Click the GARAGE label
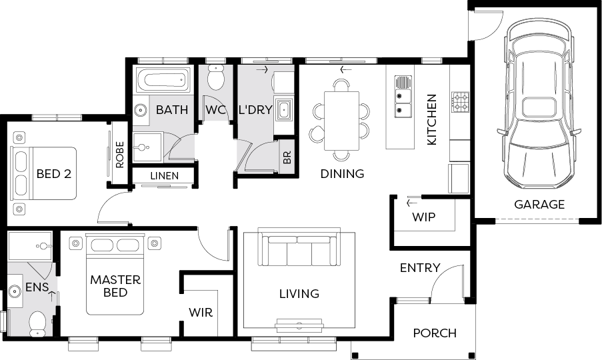click(x=539, y=204)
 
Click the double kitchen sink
click(x=403, y=96)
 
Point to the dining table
click(x=342, y=121)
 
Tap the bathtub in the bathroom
click(x=163, y=81)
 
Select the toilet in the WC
click(x=216, y=77)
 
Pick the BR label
click(x=287, y=157)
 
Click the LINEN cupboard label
click(x=164, y=176)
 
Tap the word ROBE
click(x=119, y=155)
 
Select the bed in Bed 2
click(x=43, y=173)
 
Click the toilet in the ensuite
click(x=37, y=323)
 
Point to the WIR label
click(x=201, y=313)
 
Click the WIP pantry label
click(x=423, y=217)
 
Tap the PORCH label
click(x=435, y=333)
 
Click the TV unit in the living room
click(x=299, y=325)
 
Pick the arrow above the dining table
click(x=346, y=70)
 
